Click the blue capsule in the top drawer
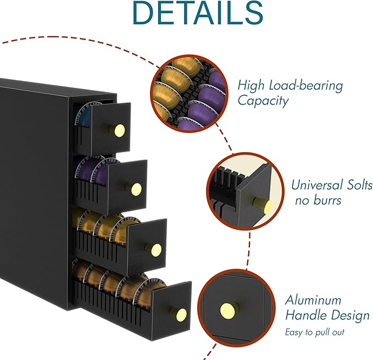coord(83,115)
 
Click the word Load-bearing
coord(306,85)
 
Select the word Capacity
coord(263,101)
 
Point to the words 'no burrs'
coord(318,200)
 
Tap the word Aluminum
coord(313,300)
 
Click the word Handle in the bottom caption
coord(306,315)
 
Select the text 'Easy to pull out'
coord(315,332)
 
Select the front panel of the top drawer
coord(110,128)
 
